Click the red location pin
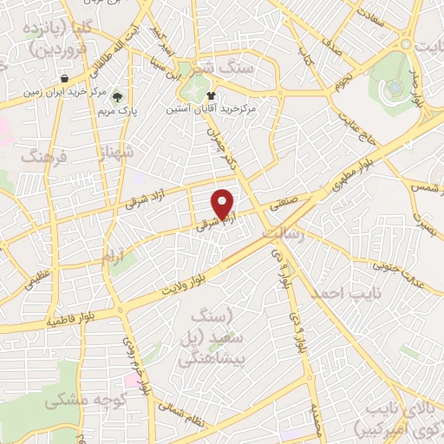(x=225, y=204)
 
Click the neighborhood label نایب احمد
(x=354, y=294)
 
